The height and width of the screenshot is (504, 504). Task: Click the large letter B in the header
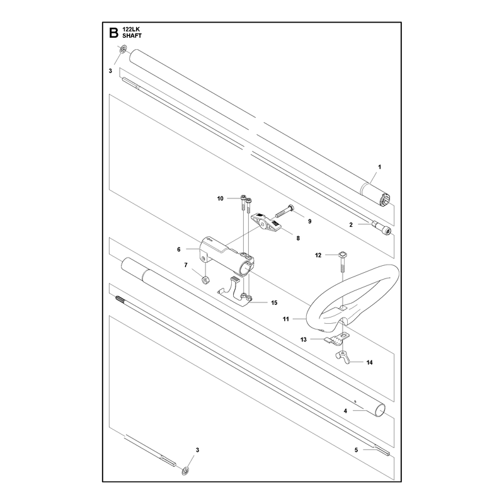[x=114, y=33]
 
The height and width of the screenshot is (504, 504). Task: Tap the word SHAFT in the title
[x=132, y=36]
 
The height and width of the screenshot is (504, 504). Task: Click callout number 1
[x=379, y=167]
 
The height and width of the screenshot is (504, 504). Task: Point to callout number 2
[x=351, y=225]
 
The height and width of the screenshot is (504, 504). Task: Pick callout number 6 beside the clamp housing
[x=179, y=249]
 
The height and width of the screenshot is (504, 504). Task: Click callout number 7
[x=186, y=265]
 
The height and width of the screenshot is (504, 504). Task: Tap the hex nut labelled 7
[x=204, y=280]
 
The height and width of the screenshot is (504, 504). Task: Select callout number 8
[x=298, y=238]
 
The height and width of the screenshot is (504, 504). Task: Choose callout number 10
[x=220, y=198]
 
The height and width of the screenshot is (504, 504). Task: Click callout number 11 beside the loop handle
[x=286, y=319]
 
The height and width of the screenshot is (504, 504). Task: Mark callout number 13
[x=304, y=340]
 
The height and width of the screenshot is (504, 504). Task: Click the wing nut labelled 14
[x=342, y=357]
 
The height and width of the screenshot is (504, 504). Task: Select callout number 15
[x=274, y=303]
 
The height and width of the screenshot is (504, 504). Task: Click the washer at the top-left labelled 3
[x=123, y=50]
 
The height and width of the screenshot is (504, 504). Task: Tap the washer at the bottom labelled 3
[x=185, y=471]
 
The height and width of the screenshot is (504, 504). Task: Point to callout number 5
[x=356, y=450]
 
